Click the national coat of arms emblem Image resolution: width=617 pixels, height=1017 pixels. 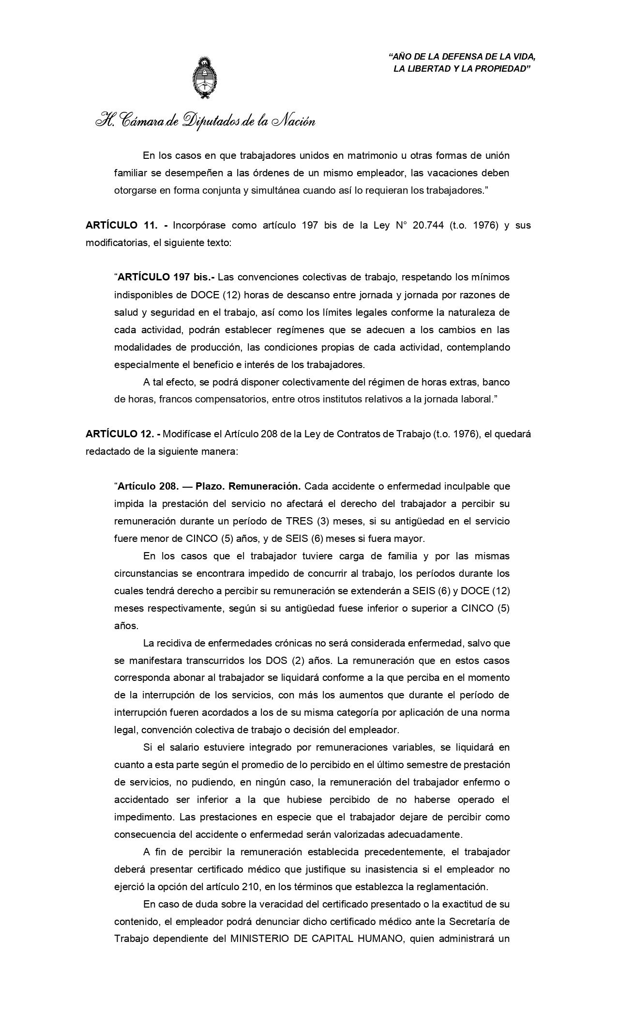point(205,77)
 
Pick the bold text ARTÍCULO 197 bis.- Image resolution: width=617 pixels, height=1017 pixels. point(167,277)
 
